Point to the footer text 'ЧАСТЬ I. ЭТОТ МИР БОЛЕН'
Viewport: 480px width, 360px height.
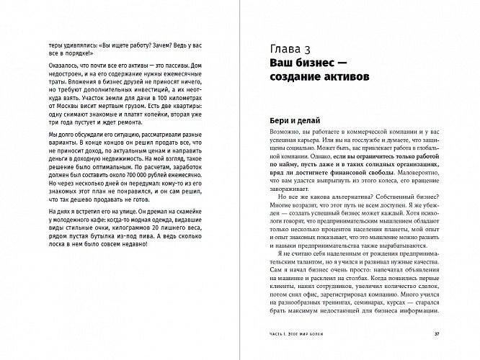pos(297,333)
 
